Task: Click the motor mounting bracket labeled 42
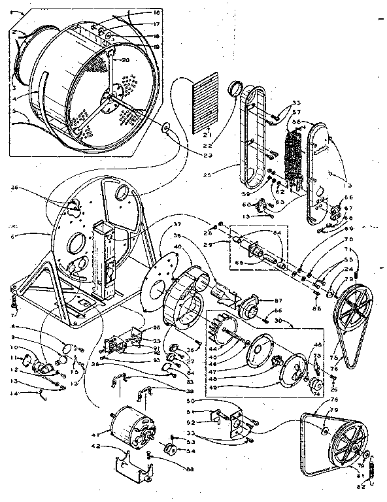(135, 467)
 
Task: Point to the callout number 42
(95, 447)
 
